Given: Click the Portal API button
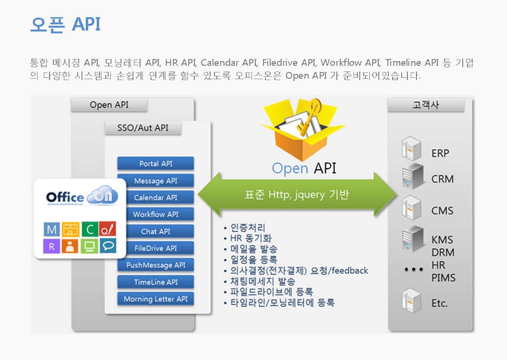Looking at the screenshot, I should click(x=155, y=164).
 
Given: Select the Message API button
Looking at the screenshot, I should click(x=155, y=181).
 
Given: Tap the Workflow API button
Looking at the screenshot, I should click(x=155, y=215).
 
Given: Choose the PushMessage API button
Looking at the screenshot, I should click(x=155, y=265).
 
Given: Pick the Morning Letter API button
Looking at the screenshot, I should click(x=155, y=299).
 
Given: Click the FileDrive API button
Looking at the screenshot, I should click(x=155, y=248).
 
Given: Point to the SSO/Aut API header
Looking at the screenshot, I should click(x=142, y=128).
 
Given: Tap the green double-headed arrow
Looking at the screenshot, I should click(x=297, y=195).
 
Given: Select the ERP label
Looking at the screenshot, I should click(x=440, y=154).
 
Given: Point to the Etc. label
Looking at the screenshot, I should click(x=439, y=303).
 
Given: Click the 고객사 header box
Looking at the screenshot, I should click(x=426, y=105).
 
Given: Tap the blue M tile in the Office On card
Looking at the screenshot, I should click(x=51, y=230).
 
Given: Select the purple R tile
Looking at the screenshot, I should click(x=51, y=246).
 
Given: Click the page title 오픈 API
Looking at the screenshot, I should click(x=65, y=24).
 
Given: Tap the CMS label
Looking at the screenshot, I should click(x=442, y=211).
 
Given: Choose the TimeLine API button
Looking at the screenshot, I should click(x=155, y=282).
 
